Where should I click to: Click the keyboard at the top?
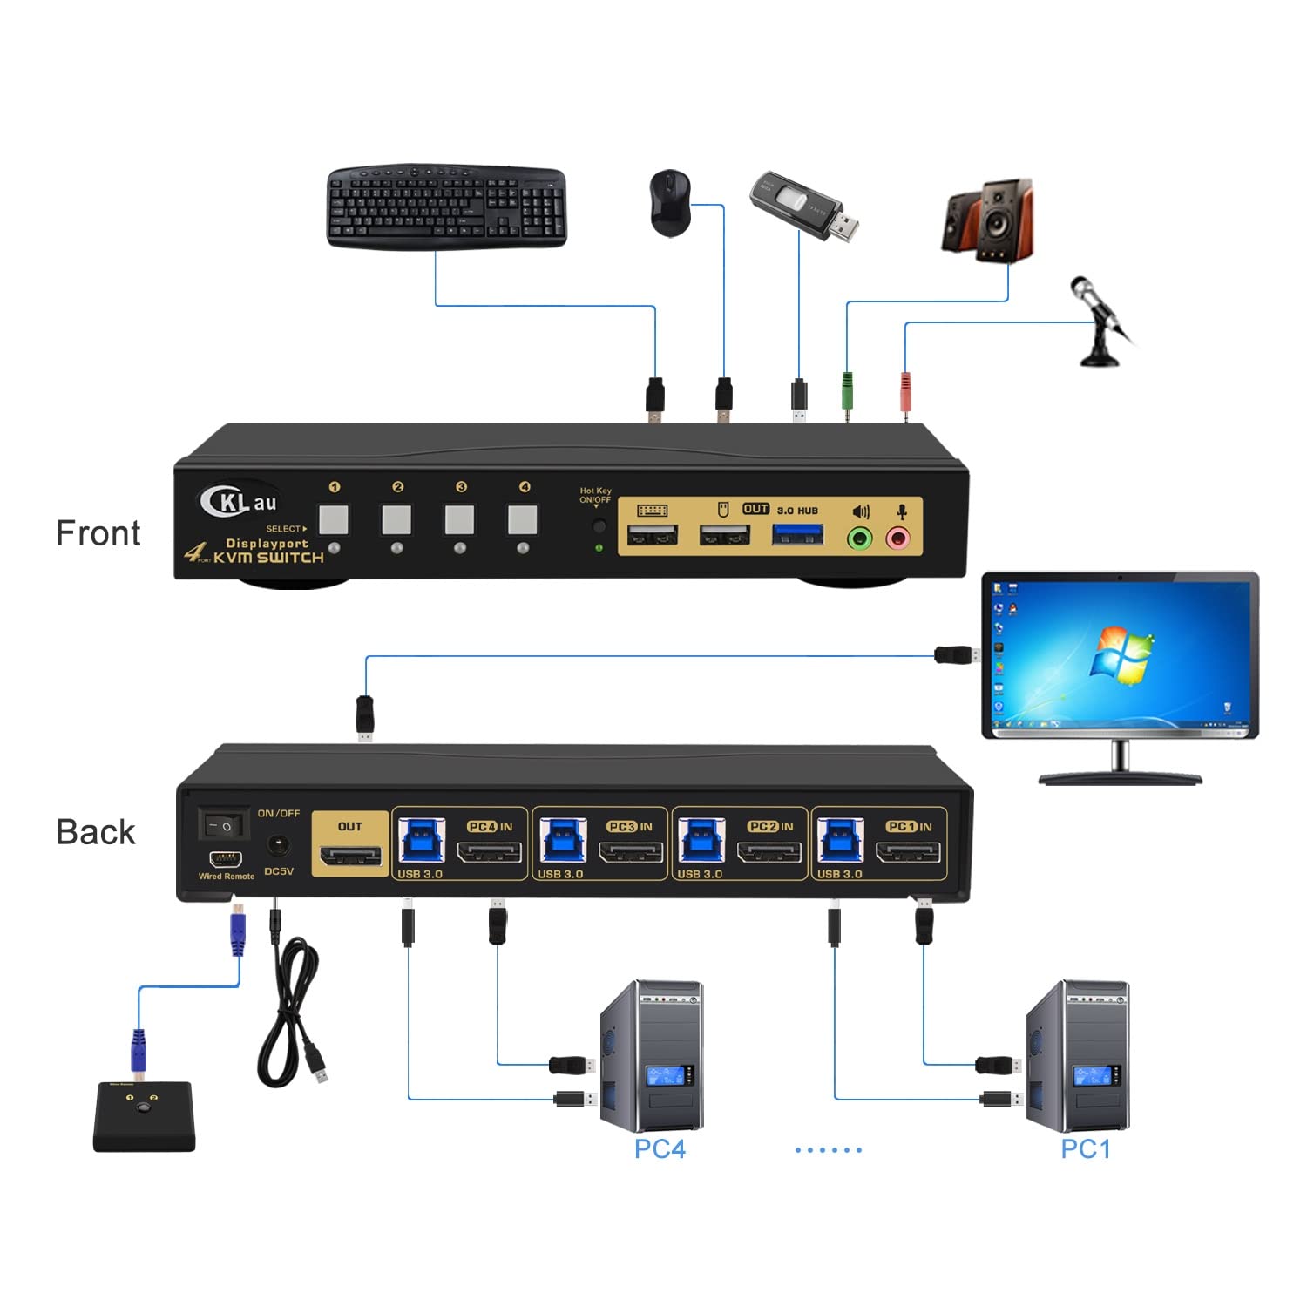click(x=446, y=207)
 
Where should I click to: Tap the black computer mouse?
click(x=670, y=203)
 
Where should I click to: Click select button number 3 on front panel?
click(x=459, y=519)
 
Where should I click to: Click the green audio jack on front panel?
click(x=860, y=538)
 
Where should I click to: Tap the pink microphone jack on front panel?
click(x=898, y=538)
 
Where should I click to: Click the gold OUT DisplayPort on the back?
click(x=350, y=855)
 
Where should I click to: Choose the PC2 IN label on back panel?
click(x=770, y=826)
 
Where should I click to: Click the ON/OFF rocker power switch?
click(x=224, y=823)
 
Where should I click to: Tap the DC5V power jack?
click(x=279, y=845)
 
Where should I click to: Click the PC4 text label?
click(x=660, y=1149)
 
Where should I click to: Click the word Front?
click(x=98, y=533)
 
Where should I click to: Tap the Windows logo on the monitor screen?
click(x=1122, y=655)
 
